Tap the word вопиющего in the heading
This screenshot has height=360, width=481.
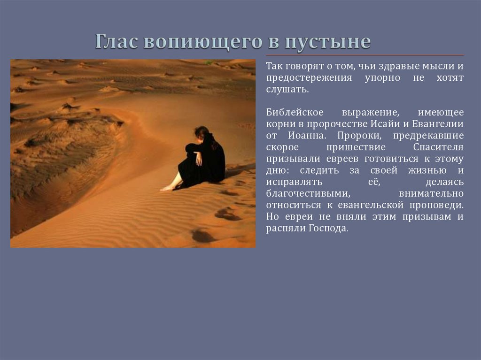[x=203, y=42]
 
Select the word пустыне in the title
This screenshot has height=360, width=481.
[x=328, y=42]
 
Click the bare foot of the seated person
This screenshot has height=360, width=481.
[x=167, y=188]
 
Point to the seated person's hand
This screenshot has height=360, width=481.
[x=199, y=159]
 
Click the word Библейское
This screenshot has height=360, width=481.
[x=295, y=112]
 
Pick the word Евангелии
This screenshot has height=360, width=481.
[x=437, y=124]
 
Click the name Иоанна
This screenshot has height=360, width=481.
[x=306, y=136]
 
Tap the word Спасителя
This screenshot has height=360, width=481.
[x=438, y=147]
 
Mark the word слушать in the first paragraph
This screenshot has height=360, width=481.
[x=287, y=90]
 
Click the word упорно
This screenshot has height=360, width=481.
[x=382, y=78]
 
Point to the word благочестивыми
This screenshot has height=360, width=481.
[x=308, y=193]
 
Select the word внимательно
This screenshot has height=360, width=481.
[x=431, y=193]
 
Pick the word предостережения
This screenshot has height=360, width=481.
[x=309, y=78]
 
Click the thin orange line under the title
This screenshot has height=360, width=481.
[x=365, y=55]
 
